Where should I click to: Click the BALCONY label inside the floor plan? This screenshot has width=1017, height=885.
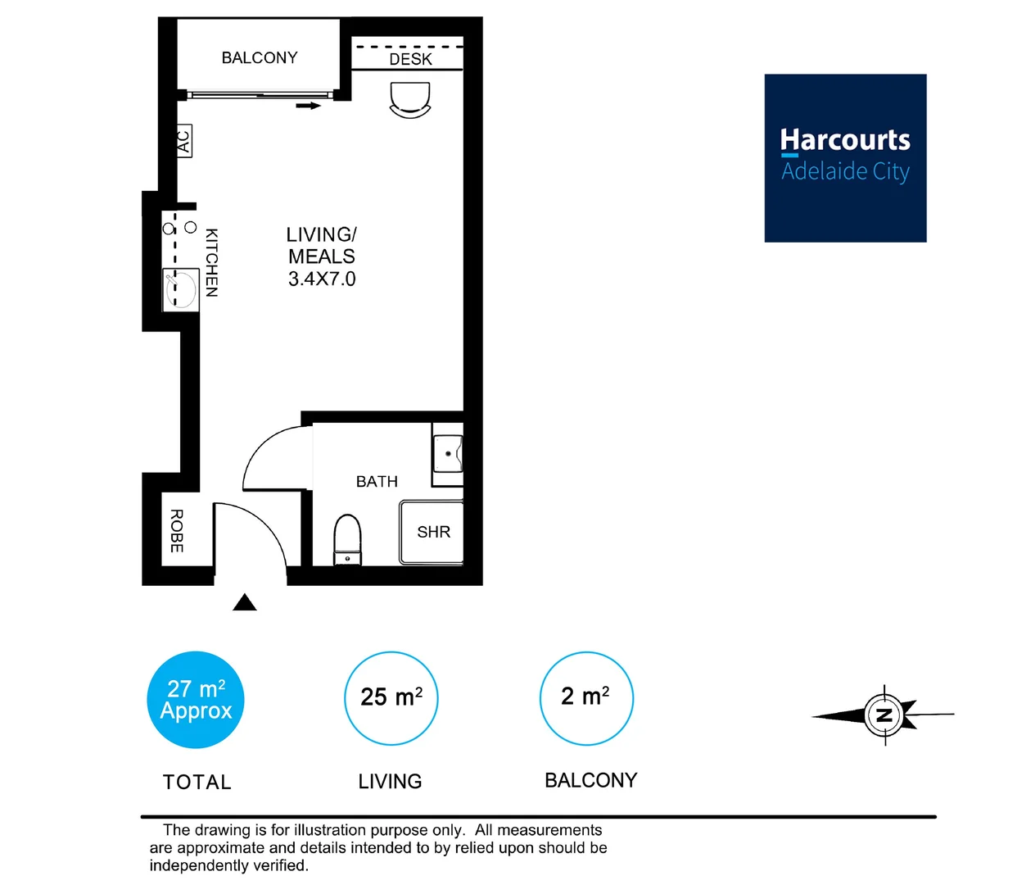(x=260, y=58)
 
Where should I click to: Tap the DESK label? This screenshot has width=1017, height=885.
(x=410, y=59)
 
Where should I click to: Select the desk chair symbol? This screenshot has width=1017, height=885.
(x=410, y=101)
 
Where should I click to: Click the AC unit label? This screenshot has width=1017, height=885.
(x=184, y=141)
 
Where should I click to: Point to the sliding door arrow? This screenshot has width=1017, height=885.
(x=309, y=106)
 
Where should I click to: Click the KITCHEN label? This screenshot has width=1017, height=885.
(x=211, y=262)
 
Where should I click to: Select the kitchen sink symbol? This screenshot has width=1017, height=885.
(x=181, y=289)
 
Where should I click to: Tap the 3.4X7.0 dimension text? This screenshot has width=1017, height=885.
(x=322, y=279)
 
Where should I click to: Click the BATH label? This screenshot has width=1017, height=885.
(x=377, y=482)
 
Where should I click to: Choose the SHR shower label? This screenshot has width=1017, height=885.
(x=433, y=533)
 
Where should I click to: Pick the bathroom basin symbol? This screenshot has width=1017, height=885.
(x=448, y=454)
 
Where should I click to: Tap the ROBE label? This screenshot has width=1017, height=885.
(x=177, y=531)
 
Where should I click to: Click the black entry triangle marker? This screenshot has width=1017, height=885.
(x=244, y=604)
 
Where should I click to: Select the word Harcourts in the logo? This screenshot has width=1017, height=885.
(x=845, y=140)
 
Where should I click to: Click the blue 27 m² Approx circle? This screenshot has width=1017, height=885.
(x=196, y=700)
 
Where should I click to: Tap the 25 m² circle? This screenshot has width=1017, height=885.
(x=391, y=698)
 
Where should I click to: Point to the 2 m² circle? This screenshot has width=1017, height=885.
(x=586, y=698)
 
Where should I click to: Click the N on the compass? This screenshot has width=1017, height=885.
(x=884, y=715)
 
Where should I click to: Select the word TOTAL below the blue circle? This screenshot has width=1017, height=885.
(x=197, y=783)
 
